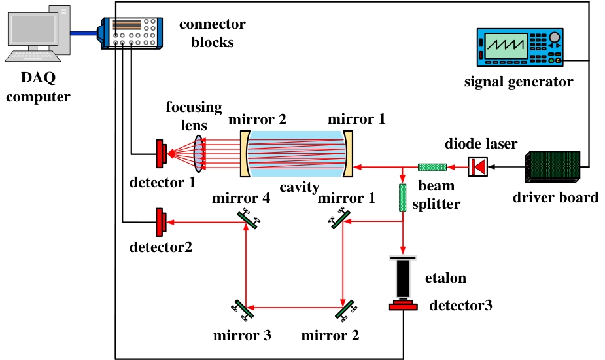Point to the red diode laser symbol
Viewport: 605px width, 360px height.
click(x=477, y=168)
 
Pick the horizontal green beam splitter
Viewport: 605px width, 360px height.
click(x=432, y=168)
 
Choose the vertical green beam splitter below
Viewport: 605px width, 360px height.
click(x=403, y=198)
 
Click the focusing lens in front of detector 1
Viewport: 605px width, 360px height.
click(x=198, y=154)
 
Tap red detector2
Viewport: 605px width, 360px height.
click(x=160, y=223)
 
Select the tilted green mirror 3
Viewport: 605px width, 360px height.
click(x=242, y=308)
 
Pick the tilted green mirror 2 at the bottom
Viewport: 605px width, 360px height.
click(x=344, y=308)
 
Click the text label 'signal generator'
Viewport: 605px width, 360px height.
click(x=518, y=82)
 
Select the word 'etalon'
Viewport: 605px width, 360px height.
click(x=446, y=278)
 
